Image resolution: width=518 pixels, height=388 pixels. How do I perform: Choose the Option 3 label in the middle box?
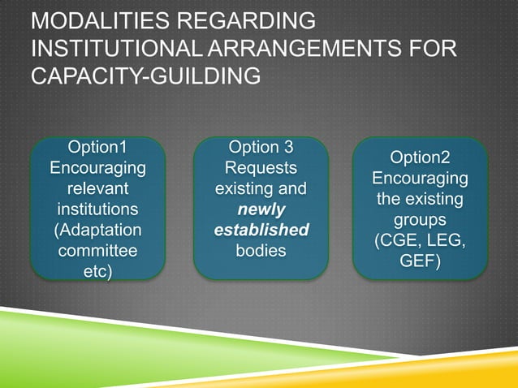(x=261, y=147)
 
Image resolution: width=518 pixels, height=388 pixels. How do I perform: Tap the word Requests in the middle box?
(x=261, y=168)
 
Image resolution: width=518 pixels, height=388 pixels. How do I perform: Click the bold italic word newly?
(x=261, y=209)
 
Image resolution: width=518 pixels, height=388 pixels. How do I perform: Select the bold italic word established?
(x=261, y=230)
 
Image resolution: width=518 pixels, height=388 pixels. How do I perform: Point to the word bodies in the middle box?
(x=261, y=250)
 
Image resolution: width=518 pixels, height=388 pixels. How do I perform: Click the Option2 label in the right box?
(x=420, y=157)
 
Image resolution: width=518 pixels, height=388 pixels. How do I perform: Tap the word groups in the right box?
(x=420, y=220)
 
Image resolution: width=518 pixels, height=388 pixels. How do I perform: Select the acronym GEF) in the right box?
(x=420, y=261)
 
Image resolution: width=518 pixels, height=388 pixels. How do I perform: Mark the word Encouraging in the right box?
(x=420, y=179)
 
